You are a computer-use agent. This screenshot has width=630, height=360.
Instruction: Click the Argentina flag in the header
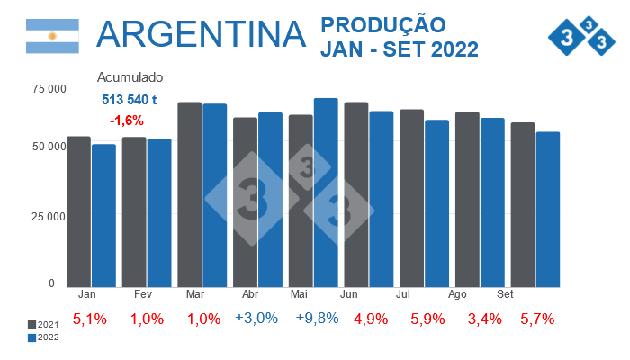tap(52, 35)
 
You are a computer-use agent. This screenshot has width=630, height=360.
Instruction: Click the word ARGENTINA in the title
tap(201, 34)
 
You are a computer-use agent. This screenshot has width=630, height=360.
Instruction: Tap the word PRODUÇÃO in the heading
tap(382, 24)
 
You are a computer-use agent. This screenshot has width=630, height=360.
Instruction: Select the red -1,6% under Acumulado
tap(127, 120)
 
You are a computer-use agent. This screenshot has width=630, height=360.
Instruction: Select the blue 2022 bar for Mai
tap(326, 193)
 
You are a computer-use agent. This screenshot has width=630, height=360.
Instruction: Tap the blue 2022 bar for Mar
tap(214, 195)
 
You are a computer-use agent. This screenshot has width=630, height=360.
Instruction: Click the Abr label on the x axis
tap(252, 294)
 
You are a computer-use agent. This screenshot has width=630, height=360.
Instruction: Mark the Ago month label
tap(457, 294)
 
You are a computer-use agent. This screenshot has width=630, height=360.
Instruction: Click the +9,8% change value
tap(311, 319)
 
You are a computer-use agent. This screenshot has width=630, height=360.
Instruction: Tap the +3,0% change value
tap(256, 319)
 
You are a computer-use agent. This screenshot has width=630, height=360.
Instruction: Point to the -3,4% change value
tap(478, 319)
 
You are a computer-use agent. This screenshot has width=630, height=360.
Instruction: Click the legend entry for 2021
tap(43, 324)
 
